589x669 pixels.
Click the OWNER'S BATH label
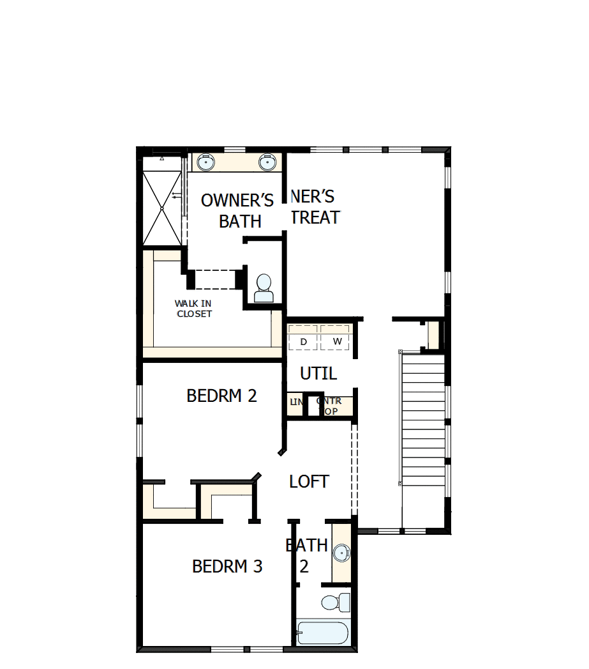(237, 210)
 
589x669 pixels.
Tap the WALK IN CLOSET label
(194, 309)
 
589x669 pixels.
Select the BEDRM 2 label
(221, 396)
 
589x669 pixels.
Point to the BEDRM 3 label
(227, 566)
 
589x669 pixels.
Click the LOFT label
(309, 481)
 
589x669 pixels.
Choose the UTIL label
(318, 373)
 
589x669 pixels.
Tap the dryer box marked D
(304, 342)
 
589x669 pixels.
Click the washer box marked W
(337, 342)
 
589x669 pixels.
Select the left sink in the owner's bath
(205, 162)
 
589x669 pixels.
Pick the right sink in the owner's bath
(267, 162)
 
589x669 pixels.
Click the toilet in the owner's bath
(264, 289)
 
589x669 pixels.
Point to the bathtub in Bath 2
(323, 633)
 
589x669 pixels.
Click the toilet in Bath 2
(335, 602)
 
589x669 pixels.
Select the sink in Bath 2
(341, 553)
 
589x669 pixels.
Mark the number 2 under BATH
(304, 567)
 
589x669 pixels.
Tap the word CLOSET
(194, 314)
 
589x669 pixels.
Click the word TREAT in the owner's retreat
(315, 217)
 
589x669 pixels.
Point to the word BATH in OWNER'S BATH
(240, 221)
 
